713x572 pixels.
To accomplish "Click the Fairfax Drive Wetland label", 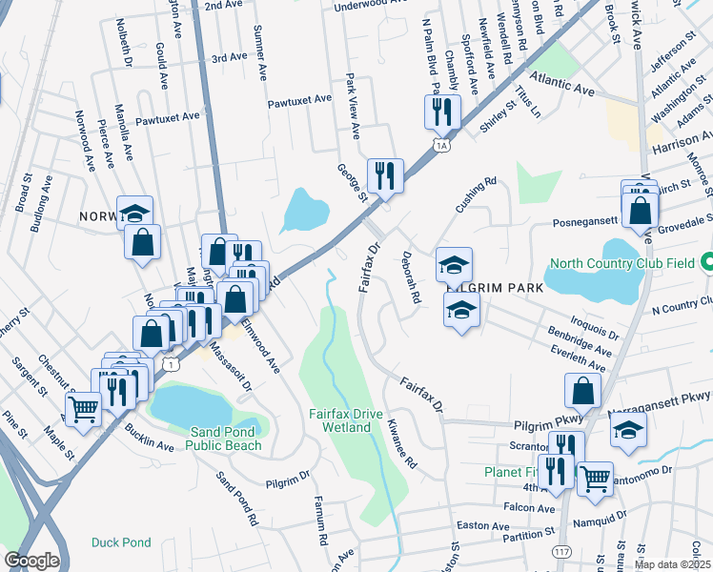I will tap(339, 420).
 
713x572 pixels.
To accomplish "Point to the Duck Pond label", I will tap(121, 542).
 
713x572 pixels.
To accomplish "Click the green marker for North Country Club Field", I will tap(706, 261).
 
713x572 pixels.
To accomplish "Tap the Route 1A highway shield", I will tap(439, 145).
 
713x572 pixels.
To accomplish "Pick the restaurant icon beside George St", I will tap(385, 174).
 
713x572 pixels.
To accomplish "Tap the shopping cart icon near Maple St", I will tap(84, 410).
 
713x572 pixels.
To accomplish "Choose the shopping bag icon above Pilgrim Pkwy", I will tap(582, 390).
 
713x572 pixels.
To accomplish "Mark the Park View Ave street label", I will tap(352, 105).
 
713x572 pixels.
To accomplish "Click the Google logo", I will tap(31, 561).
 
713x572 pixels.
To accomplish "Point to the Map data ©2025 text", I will tap(671, 564).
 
